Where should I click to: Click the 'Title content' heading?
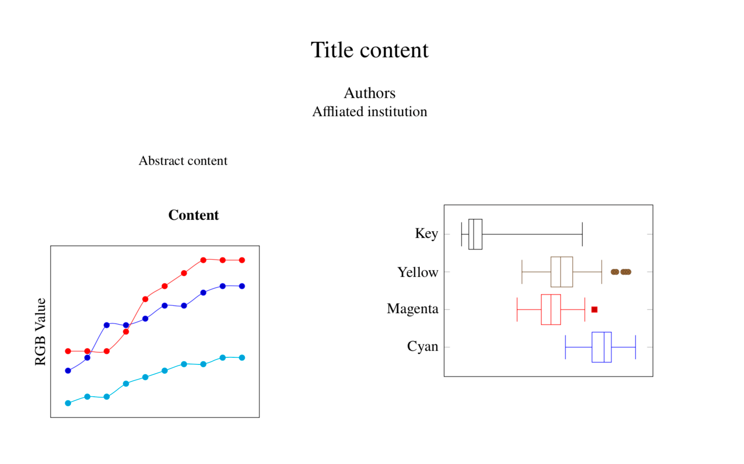pyautogui.click(x=369, y=50)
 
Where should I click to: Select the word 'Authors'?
pyautogui.click(x=369, y=93)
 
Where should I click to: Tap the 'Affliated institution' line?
pyautogui.click(x=369, y=112)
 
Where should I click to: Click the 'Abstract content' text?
pyautogui.click(x=183, y=161)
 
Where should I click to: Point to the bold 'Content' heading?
pyautogui.click(x=194, y=215)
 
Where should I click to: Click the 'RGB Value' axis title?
pyautogui.click(x=40, y=332)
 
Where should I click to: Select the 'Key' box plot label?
pyautogui.click(x=426, y=233)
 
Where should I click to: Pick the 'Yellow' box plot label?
pyautogui.click(x=418, y=272)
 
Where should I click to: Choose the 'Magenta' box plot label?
pyautogui.click(x=412, y=309)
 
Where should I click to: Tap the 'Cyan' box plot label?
pyautogui.click(x=422, y=346)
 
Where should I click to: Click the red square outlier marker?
pyautogui.click(x=594, y=309)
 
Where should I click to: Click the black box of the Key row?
pyautogui.click(x=475, y=234)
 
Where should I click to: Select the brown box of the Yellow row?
pyautogui.click(x=562, y=272)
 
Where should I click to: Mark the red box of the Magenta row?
pyautogui.click(x=550, y=309)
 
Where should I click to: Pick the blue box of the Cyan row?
pyautogui.click(x=601, y=347)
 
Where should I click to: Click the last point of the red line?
pyautogui.click(x=242, y=260)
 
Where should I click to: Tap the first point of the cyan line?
pyautogui.click(x=68, y=403)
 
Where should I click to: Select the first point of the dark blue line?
pyautogui.click(x=68, y=371)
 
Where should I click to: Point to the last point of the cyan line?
pyautogui.click(x=242, y=358)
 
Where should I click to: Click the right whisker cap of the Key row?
pyautogui.click(x=582, y=234)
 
